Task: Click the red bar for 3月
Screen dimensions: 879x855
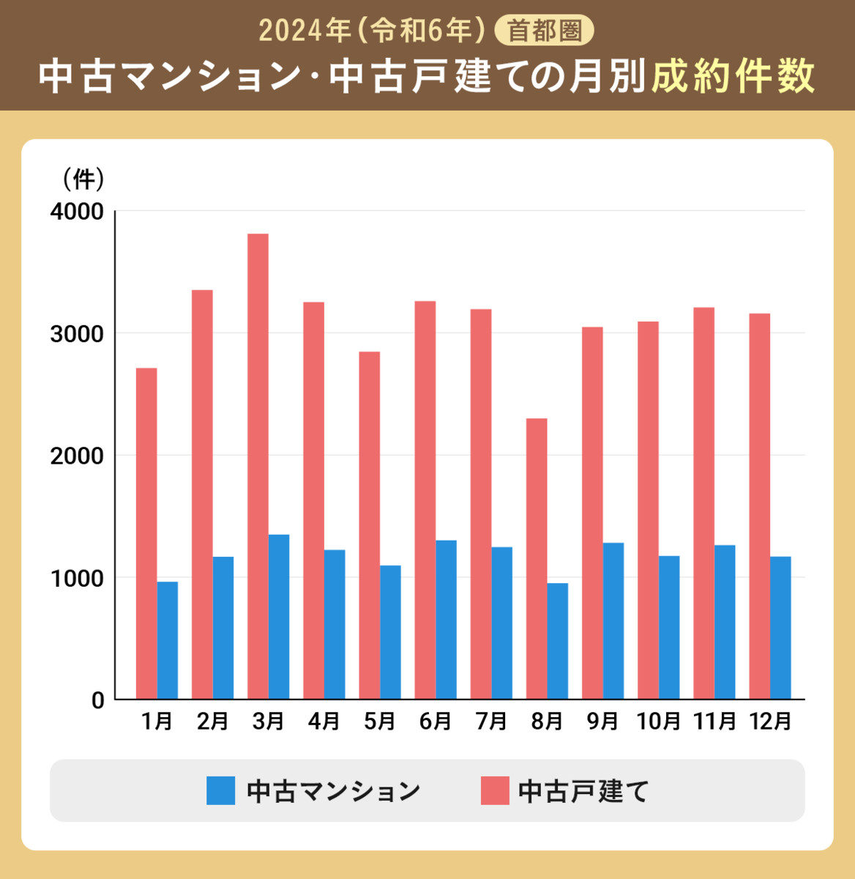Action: click(x=258, y=466)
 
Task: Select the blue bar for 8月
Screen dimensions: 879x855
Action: click(x=558, y=641)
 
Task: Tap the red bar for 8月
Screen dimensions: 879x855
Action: click(x=537, y=558)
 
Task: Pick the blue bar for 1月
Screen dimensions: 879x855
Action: click(x=168, y=640)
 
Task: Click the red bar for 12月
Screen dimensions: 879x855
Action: click(x=759, y=506)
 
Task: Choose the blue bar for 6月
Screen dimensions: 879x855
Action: click(x=446, y=620)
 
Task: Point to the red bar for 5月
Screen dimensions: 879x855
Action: click(x=370, y=525)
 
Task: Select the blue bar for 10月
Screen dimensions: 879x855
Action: click(x=669, y=627)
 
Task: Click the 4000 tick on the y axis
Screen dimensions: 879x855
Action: click(x=77, y=212)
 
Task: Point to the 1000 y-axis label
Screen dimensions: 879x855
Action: click(x=77, y=578)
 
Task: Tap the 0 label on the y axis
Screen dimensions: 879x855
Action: click(x=97, y=700)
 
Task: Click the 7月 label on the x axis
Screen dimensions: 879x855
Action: click(x=491, y=722)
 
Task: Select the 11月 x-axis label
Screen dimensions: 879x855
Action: click(x=714, y=722)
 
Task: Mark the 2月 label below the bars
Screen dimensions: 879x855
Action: click(x=213, y=722)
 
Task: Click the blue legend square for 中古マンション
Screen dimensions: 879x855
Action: click(x=220, y=791)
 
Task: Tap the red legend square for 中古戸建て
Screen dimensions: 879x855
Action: click(x=494, y=791)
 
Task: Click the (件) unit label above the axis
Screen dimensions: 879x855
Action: click(x=83, y=178)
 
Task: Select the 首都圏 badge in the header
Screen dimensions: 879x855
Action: click(x=545, y=31)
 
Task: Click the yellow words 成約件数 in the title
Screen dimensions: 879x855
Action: click(x=733, y=76)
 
